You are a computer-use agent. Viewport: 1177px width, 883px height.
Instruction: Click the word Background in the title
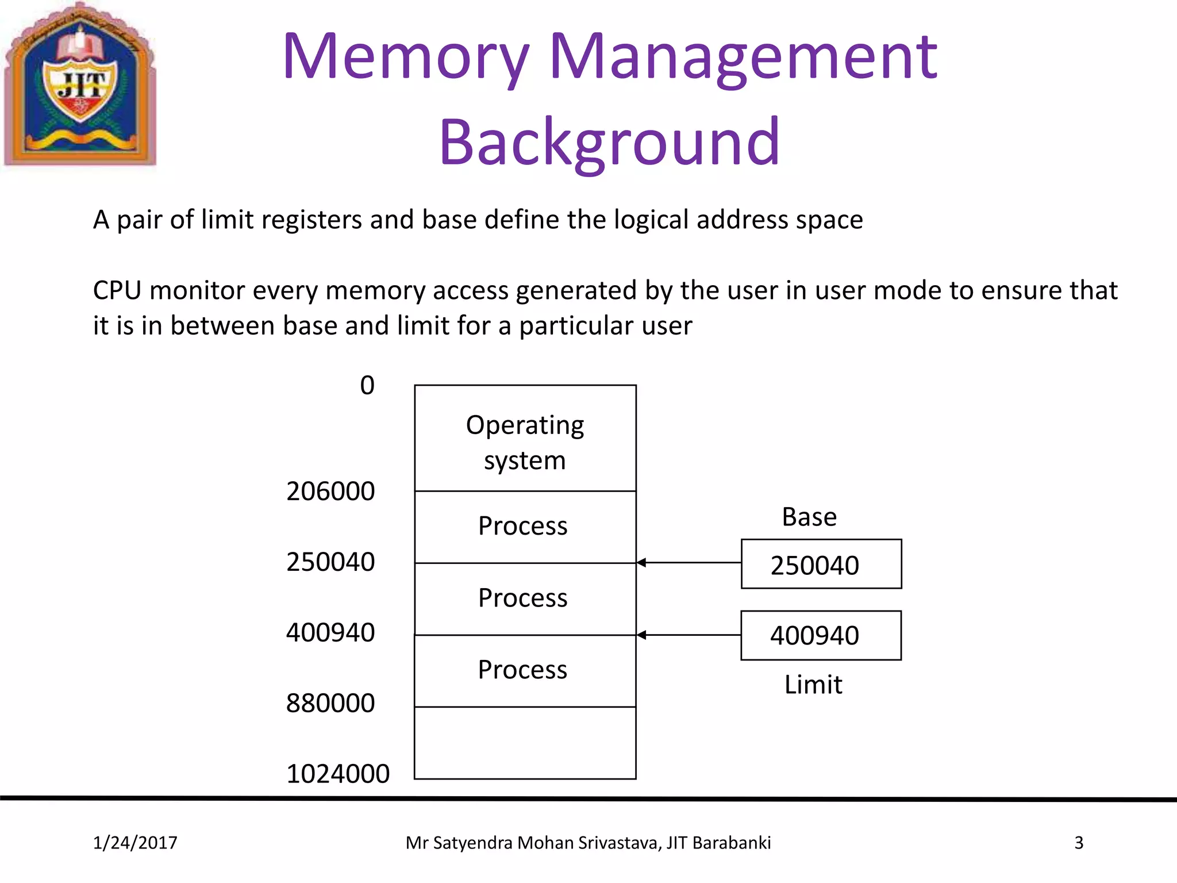[x=609, y=141]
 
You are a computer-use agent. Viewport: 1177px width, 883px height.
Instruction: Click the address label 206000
[x=330, y=492]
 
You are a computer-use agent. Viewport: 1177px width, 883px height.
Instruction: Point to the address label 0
[x=367, y=385]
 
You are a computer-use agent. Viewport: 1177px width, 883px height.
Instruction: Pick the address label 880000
[x=330, y=703]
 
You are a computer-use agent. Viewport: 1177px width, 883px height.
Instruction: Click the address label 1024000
[x=338, y=774]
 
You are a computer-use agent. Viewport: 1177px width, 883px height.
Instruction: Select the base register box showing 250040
[x=821, y=564]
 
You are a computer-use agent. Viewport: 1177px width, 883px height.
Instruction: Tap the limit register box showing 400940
[x=821, y=636]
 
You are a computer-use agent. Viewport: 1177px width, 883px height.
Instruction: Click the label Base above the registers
[x=809, y=517]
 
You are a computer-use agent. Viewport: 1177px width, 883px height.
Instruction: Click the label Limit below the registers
[x=813, y=685]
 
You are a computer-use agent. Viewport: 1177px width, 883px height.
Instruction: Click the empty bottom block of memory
[x=525, y=743]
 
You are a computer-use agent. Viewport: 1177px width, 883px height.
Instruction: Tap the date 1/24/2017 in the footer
[x=135, y=843]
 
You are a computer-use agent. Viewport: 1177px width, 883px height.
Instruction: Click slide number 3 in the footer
[x=1079, y=843]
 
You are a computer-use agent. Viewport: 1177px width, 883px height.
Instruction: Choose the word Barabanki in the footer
[x=731, y=843]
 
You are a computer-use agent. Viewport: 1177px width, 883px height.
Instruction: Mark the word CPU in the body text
[x=117, y=290]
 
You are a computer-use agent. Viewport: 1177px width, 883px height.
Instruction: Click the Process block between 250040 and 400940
[x=523, y=598]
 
